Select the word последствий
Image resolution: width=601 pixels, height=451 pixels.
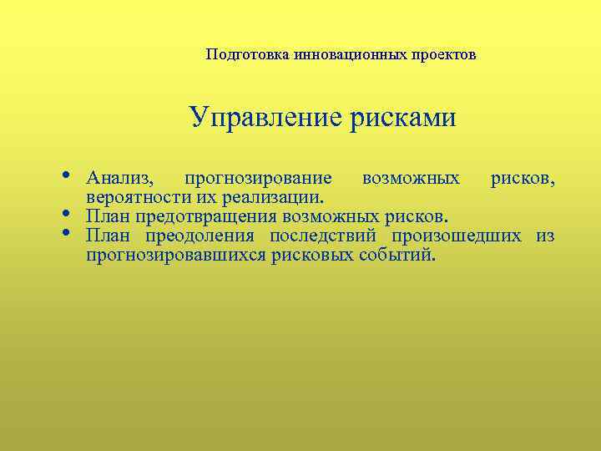(x=325, y=236)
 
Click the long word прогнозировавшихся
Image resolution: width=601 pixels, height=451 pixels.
(x=175, y=256)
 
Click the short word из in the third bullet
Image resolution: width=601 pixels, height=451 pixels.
(x=545, y=236)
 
